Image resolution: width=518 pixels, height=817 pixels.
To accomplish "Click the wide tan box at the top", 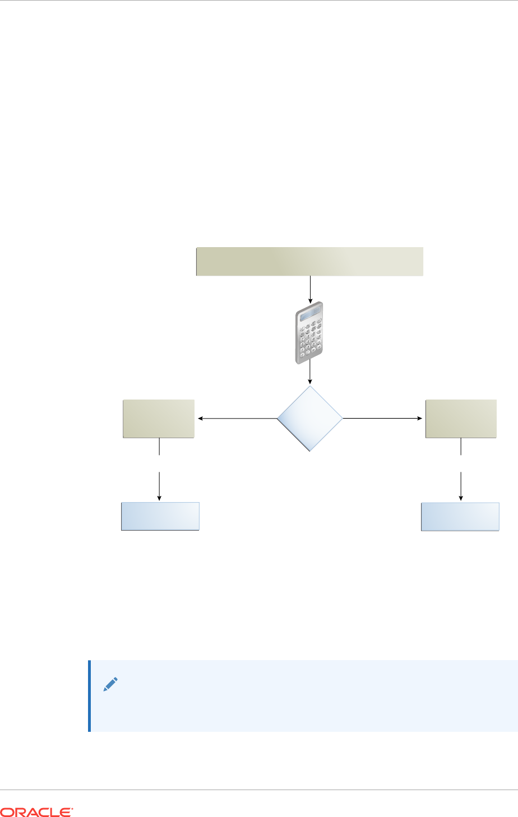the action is pyautogui.click(x=309, y=261).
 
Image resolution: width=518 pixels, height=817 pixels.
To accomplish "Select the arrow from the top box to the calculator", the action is pyautogui.click(x=310, y=288).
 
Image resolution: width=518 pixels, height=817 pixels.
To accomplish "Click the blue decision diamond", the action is pyautogui.click(x=310, y=419).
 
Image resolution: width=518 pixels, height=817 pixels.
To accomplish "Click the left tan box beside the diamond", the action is pyautogui.click(x=159, y=419).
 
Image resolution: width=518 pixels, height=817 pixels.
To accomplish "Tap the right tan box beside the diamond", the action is pyautogui.click(x=461, y=419).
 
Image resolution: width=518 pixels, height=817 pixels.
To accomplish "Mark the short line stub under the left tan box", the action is pyautogui.click(x=160, y=447).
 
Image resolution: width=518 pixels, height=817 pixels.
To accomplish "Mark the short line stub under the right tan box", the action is pyautogui.click(x=461, y=447).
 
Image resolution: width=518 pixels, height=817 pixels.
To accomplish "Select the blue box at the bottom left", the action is pyautogui.click(x=160, y=516).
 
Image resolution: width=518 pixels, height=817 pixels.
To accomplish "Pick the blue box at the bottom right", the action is pyautogui.click(x=460, y=516).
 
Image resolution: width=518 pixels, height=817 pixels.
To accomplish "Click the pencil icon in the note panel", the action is pyautogui.click(x=110, y=684).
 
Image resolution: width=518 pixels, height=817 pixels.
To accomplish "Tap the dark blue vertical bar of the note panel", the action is pyautogui.click(x=89, y=696).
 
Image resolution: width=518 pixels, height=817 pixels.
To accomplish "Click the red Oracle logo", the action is pyautogui.click(x=36, y=811).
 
